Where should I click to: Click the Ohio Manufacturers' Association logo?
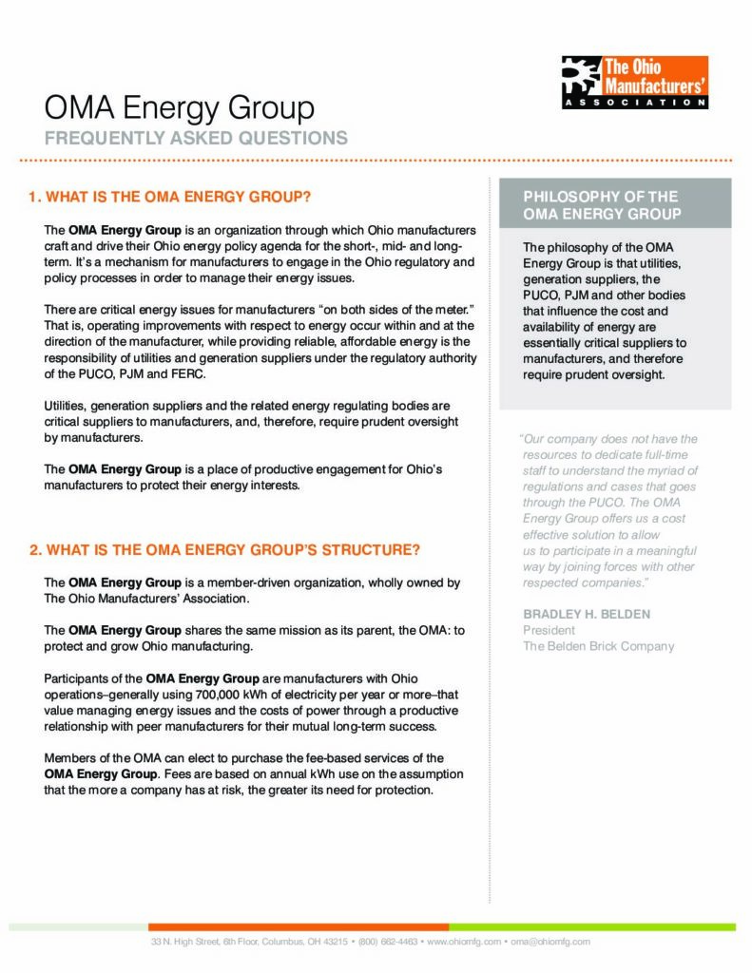click(x=634, y=82)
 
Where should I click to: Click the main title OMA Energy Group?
click(x=180, y=107)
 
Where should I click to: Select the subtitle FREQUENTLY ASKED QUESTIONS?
click(x=196, y=138)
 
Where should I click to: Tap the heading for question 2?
click(x=224, y=550)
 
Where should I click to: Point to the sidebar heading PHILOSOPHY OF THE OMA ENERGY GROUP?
click(x=602, y=205)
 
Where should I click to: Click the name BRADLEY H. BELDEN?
click(x=587, y=614)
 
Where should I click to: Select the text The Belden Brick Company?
click(x=598, y=646)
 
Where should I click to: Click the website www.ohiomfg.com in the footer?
click(x=463, y=942)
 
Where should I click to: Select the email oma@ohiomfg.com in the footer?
click(x=550, y=942)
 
